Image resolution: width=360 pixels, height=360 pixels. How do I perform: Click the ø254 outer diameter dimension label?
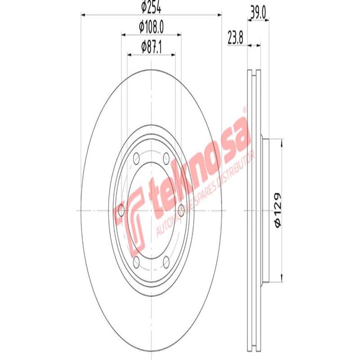point(151,7)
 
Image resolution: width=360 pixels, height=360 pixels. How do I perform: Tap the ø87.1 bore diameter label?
point(151,46)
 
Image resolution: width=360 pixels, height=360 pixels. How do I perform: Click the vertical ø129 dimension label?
point(278,209)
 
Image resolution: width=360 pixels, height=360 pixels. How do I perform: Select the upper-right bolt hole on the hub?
point(166,157)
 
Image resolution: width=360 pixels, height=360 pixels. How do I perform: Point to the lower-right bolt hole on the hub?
point(166,261)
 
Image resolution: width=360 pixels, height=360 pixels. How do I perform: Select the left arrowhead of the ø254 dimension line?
point(83,15)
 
